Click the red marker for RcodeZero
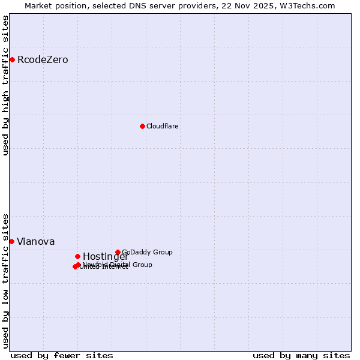12,59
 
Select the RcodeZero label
43,60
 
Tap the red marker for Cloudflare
142,126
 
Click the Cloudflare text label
163,126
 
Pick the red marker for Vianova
11,241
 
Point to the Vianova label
36,242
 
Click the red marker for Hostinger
77,256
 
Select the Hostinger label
106,257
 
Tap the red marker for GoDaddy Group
118,252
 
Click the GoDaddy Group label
147,252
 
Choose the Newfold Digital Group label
118,265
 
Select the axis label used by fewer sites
62,355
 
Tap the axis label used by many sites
301,355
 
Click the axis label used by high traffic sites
5,85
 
